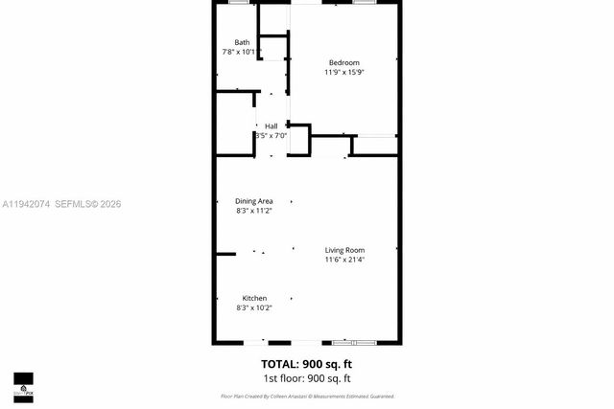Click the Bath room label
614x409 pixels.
pos(242,42)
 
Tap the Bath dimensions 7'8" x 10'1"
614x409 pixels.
pos(242,52)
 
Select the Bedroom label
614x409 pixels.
pos(344,61)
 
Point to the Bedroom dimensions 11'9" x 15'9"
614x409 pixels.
pos(344,72)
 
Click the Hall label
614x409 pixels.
pos(272,126)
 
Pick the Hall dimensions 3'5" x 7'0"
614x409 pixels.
pos(272,136)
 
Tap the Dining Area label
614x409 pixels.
pos(254,201)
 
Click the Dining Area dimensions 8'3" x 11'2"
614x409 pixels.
pos(254,211)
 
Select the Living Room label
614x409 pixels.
pos(344,250)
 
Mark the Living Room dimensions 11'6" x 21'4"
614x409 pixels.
pos(344,260)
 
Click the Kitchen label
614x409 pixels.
pos(254,298)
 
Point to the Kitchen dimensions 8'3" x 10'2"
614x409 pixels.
pos(254,307)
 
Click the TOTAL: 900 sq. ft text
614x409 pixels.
pos(307,363)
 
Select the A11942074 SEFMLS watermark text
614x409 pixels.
pos(61,204)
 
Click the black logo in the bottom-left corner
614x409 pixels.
pos(23,387)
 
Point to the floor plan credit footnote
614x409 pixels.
pos(307,396)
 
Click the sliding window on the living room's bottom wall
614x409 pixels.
pos(355,342)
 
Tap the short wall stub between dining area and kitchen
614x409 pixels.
pos(225,254)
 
